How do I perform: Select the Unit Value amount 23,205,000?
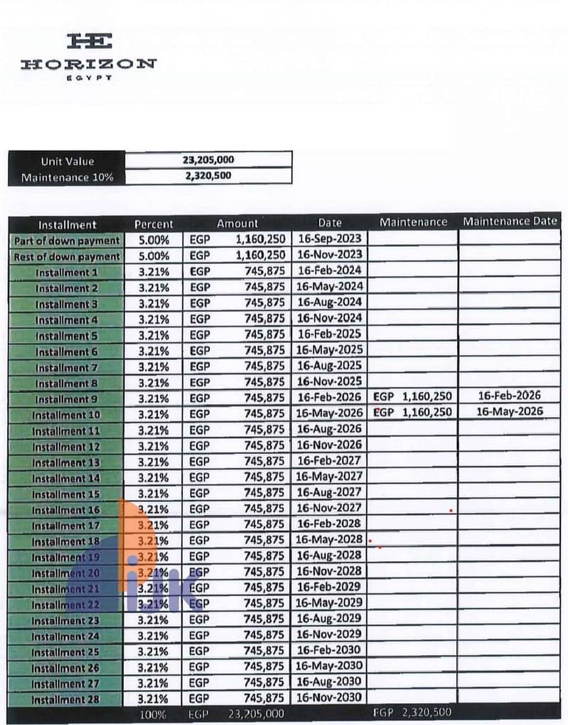[208, 160]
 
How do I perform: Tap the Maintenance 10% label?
[67, 178]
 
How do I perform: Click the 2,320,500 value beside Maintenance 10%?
[208, 176]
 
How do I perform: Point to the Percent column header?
[154, 224]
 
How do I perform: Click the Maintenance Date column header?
[510, 222]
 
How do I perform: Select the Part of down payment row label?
[67, 241]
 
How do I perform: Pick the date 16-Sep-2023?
[329, 239]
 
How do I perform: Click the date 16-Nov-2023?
[329, 254]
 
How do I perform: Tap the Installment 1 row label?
[67, 273]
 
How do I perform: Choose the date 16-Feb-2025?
[329, 334]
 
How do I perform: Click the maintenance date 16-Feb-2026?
[510, 396]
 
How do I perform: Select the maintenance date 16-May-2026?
[510, 412]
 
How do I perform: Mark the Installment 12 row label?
[66, 447]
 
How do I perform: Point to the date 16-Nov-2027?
[329, 508]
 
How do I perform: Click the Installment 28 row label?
[66, 699]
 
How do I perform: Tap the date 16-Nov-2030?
[329, 698]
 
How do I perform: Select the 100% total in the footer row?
[154, 714]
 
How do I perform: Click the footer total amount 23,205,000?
[256, 714]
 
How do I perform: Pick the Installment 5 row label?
[67, 336]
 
